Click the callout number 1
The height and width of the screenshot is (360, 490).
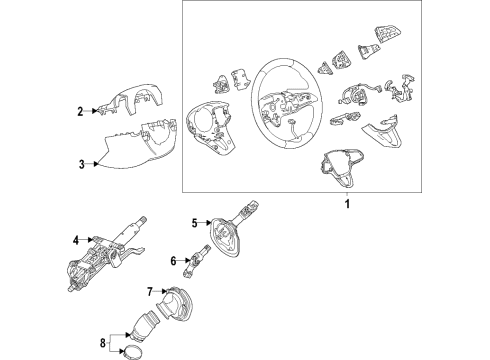[x=347, y=204]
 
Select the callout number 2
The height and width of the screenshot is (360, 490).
[x=80, y=111]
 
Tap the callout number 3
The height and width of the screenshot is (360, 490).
[x=82, y=164]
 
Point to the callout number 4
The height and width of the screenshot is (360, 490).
[x=76, y=240]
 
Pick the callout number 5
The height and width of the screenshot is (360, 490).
[x=195, y=223]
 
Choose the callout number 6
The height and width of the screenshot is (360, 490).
[x=173, y=261]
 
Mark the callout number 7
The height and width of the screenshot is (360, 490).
[x=150, y=292]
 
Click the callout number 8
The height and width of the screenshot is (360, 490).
[x=103, y=342]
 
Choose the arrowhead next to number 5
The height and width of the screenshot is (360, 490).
[x=209, y=223]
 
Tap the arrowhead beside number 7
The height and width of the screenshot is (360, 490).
[x=164, y=292]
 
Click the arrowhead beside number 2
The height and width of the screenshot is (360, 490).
[x=95, y=111]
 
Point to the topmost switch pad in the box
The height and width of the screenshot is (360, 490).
[x=387, y=34]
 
